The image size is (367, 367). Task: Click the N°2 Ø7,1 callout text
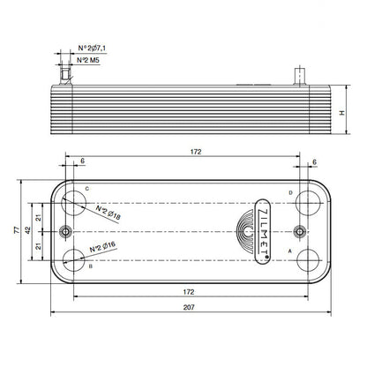pos(92,47)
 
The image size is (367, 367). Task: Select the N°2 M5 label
pos(86,60)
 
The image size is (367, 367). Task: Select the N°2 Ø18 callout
pos(109,213)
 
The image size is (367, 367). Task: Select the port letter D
pos(289,191)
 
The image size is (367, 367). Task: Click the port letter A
pos(290,251)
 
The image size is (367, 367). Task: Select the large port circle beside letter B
pos(71,260)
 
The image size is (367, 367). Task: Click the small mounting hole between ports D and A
pos(302,232)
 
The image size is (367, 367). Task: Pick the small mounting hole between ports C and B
pos(64,232)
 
